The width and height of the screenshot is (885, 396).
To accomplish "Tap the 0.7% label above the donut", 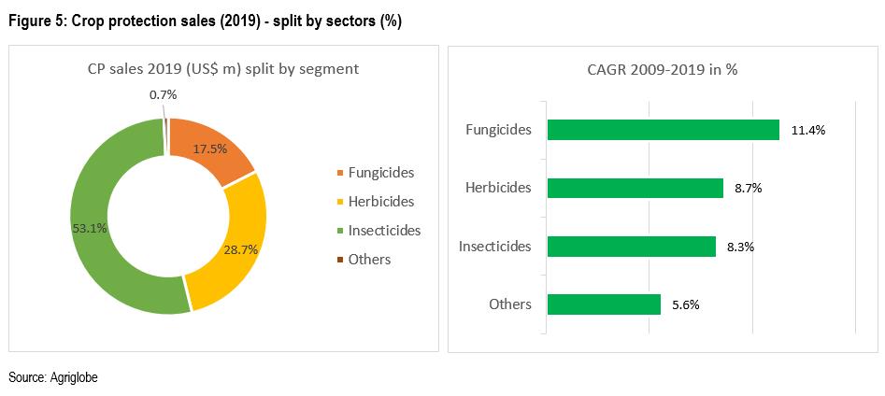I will pos(164,95).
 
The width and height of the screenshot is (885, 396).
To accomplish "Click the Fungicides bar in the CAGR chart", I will pos(663,130).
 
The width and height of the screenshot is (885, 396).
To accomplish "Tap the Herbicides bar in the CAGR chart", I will pos(635,188).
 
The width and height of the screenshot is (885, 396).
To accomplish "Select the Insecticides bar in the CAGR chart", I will pos(631,247).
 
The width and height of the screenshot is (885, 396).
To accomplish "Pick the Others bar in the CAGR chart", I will pos(604,304).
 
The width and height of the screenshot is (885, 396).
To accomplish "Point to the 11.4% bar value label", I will pos(807,131).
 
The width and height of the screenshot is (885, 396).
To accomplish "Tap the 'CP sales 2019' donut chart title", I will pos(216,69).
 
